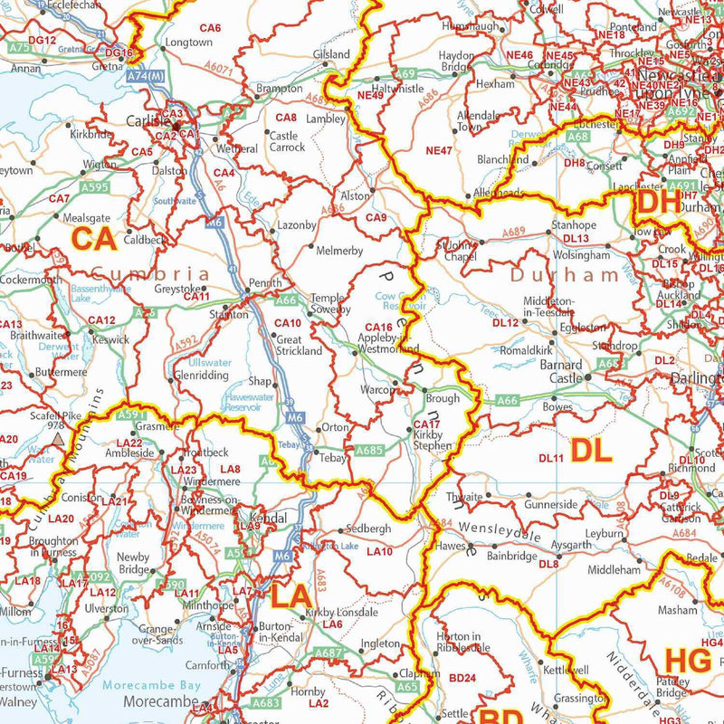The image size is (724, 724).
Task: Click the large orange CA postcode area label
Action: click(94, 239)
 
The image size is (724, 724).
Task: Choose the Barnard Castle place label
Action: click(561, 371)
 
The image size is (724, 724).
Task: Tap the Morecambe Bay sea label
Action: click(150, 685)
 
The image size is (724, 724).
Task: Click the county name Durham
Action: click(552, 274)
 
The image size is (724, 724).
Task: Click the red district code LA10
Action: click(379, 551)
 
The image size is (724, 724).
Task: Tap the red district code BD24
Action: click(462, 678)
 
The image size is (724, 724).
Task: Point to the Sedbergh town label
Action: click(367, 529)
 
